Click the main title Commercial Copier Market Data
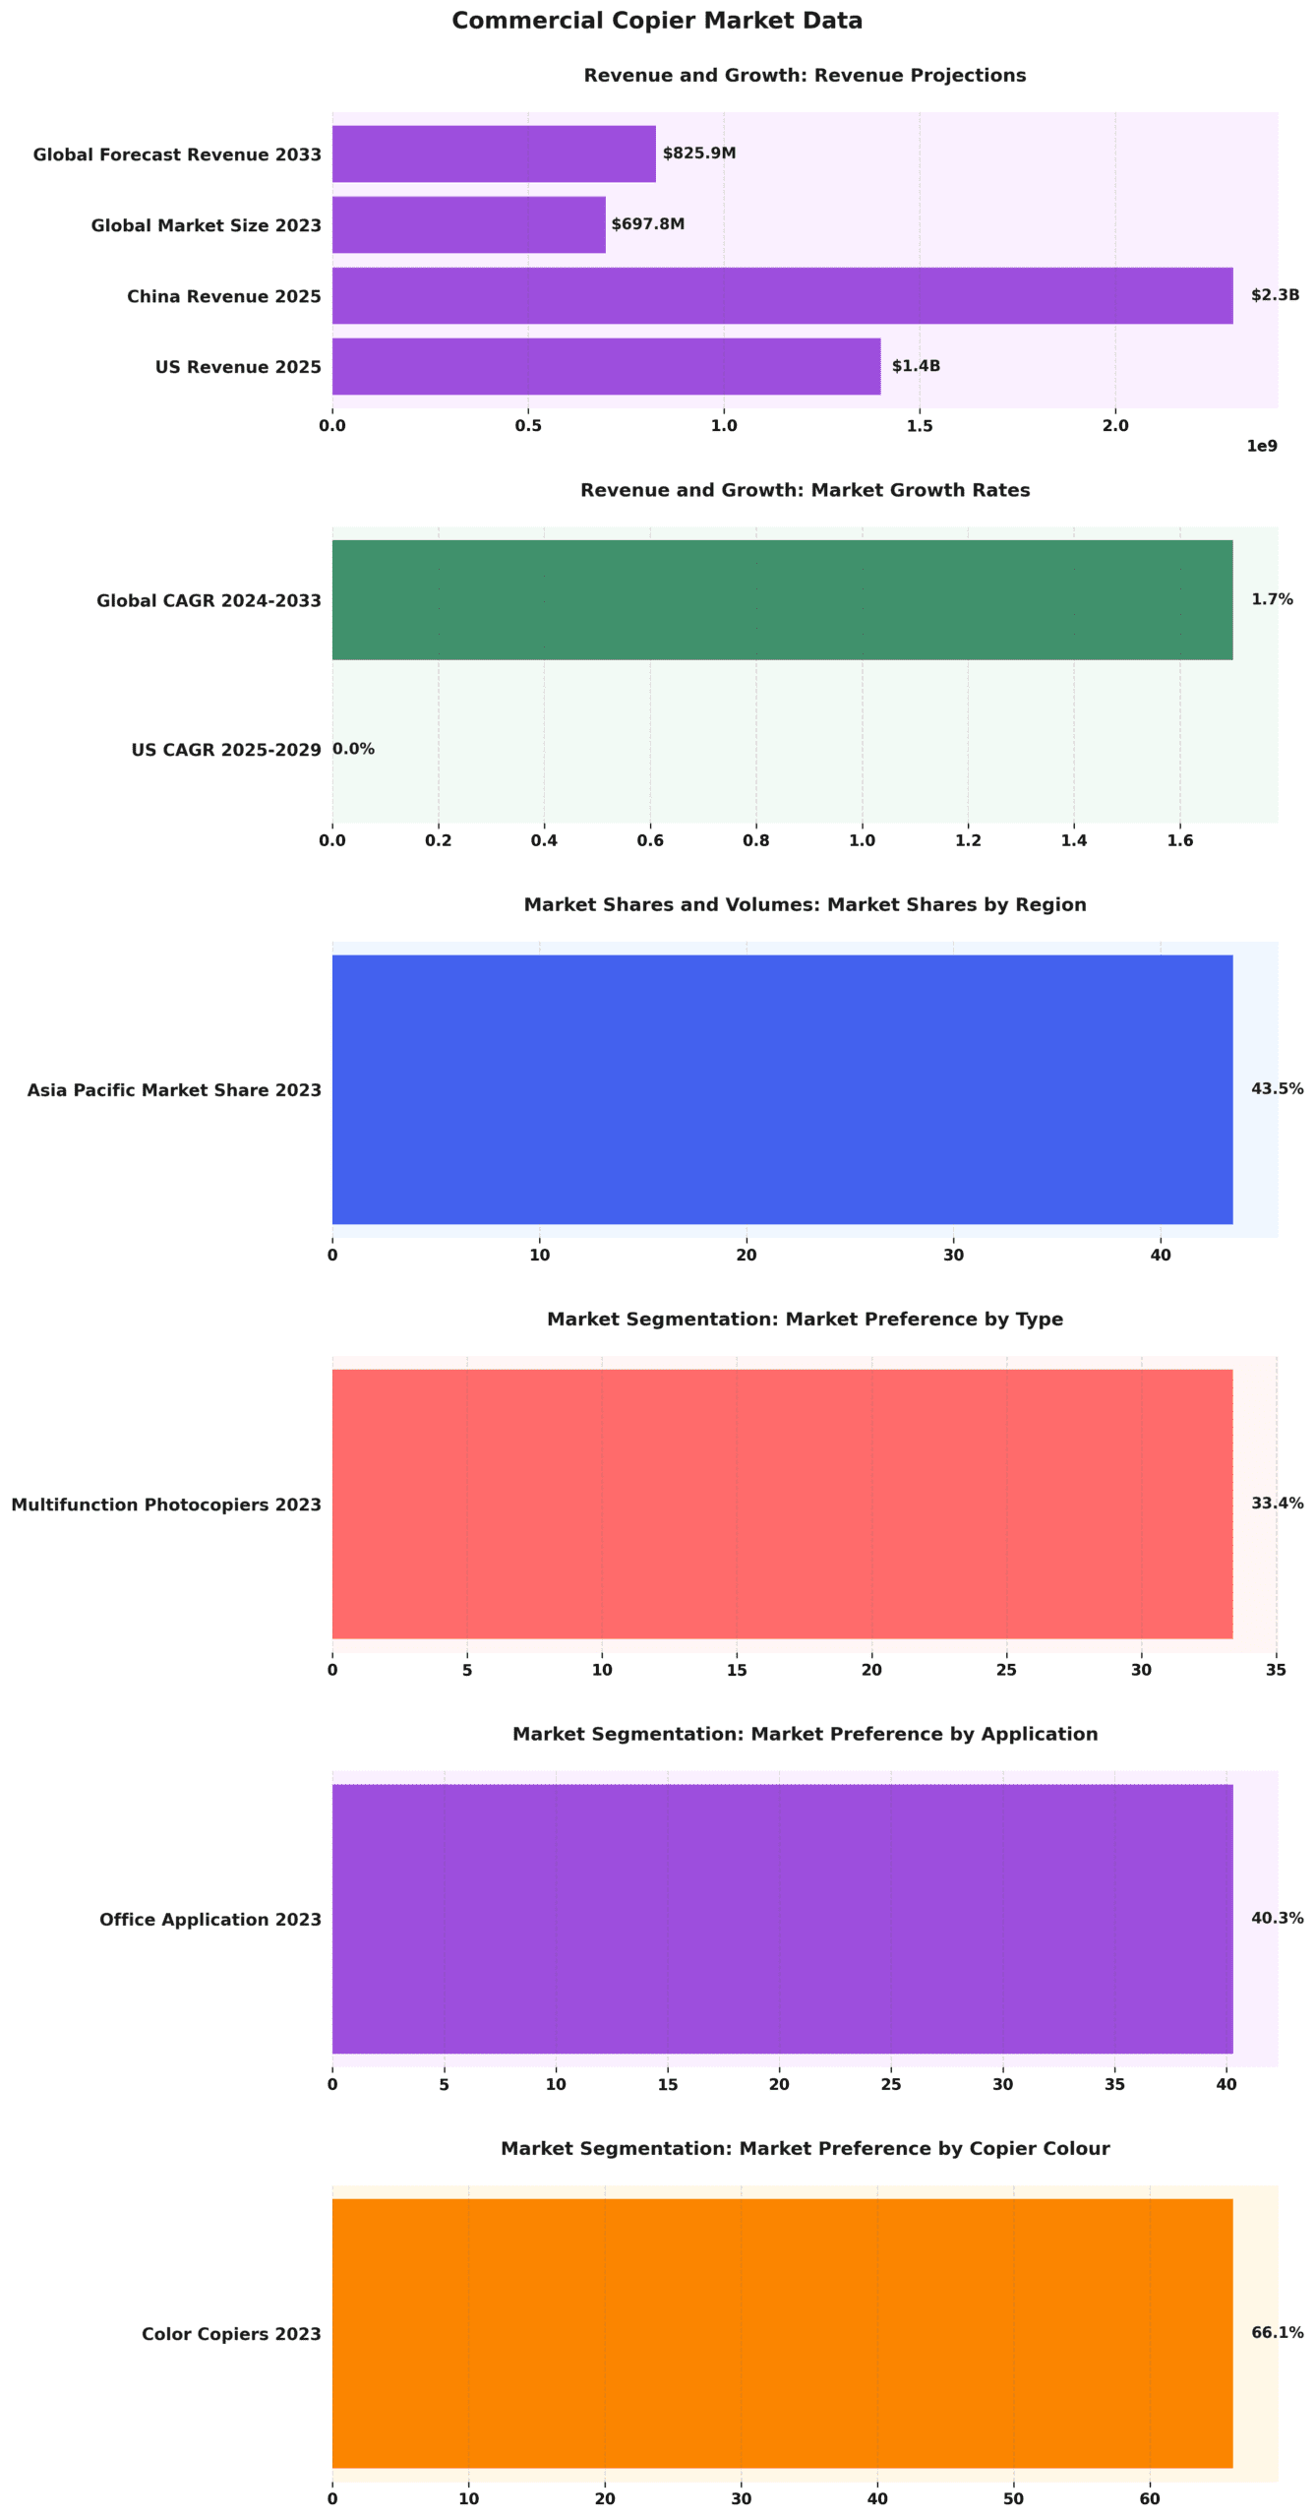(x=656, y=21)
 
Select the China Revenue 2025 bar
(x=782, y=295)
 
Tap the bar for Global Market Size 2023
(x=468, y=224)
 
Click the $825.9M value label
(x=698, y=154)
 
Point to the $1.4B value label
(x=915, y=366)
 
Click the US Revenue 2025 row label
(x=238, y=367)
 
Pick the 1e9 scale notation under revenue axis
(x=1261, y=446)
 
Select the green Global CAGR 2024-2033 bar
(x=782, y=599)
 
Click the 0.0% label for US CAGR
(x=353, y=749)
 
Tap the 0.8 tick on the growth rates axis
(x=755, y=840)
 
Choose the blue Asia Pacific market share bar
(x=782, y=1088)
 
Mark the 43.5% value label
(x=1277, y=1088)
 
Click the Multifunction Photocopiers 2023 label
(x=166, y=1505)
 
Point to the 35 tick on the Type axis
(x=1276, y=1670)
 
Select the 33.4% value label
(x=1277, y=1503)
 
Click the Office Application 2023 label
(x=209, y=1919)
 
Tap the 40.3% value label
(x=1277, y=1918)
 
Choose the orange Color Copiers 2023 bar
(x=782, y=2333)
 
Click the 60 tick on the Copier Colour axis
(x=1149, y=2498)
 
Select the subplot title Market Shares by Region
(x=805, y=904)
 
